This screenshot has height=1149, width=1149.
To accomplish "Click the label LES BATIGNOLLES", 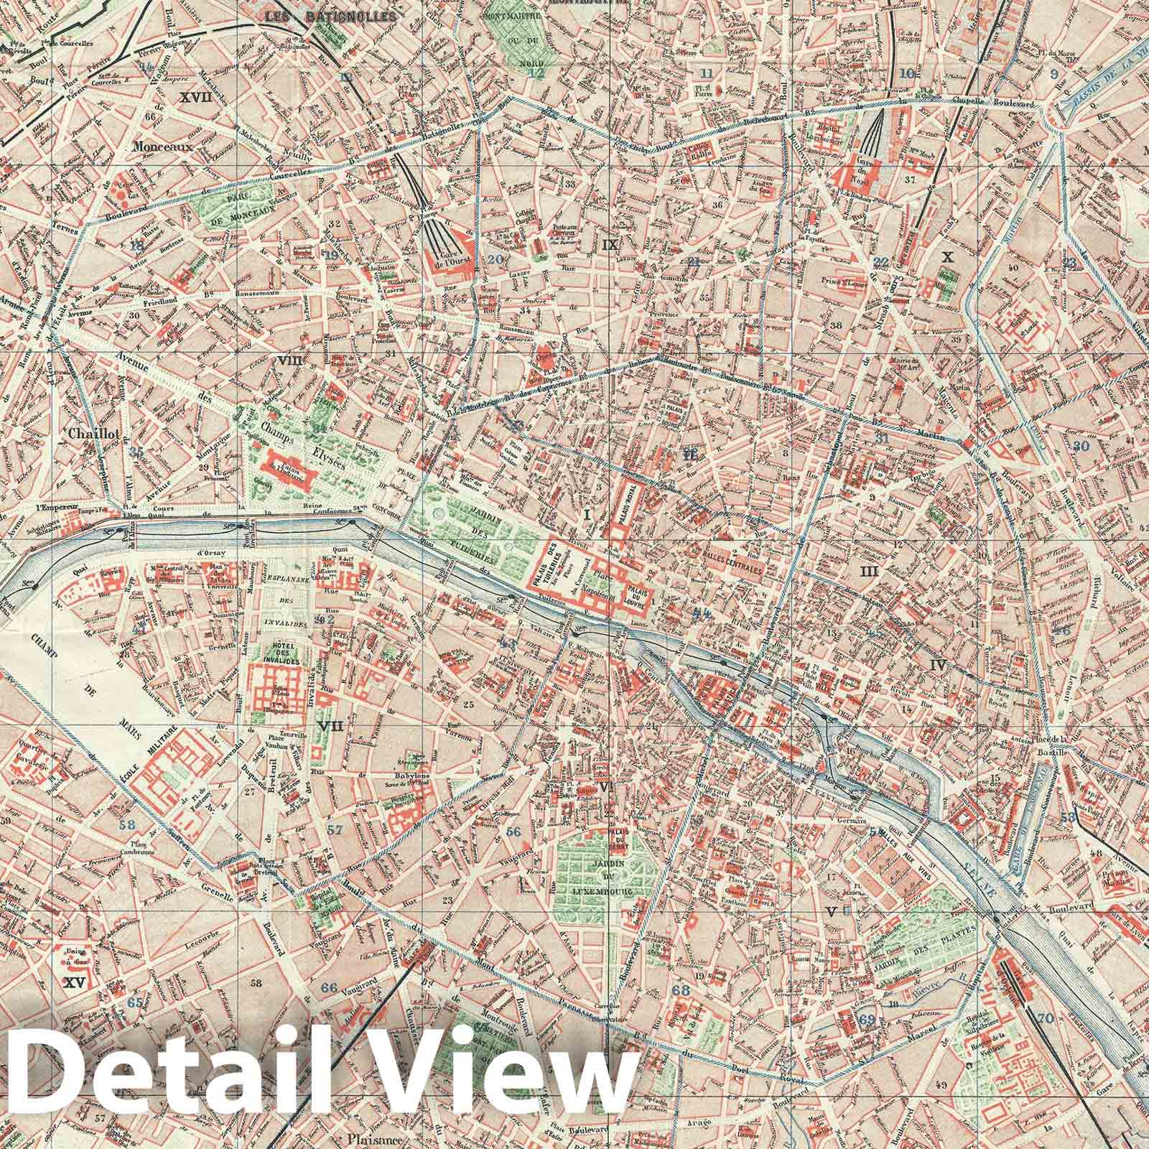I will point(330,15).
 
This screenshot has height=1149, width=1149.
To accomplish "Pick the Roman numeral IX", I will point(610,246).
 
